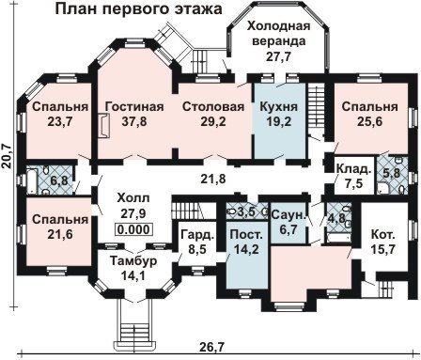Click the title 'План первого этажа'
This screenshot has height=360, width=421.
[139, 8]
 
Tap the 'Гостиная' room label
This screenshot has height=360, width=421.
[134, 106]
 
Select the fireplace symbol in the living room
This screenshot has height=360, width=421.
[103, 126]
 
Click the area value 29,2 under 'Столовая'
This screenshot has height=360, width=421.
[213, 121]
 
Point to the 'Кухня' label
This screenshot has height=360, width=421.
[279, 106]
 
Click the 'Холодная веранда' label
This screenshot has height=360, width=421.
[279, 33]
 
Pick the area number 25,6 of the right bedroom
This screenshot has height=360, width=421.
[370, 121]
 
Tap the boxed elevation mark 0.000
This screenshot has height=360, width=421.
[133, 229]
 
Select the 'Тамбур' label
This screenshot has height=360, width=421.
[133, 260]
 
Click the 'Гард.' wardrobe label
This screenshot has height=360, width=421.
[198, 235]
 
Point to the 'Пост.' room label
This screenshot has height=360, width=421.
[246, 234]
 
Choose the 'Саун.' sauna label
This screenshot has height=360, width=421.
[288, 215]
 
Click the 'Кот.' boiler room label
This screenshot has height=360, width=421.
[382, 234]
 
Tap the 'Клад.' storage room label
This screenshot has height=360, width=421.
[354, 169]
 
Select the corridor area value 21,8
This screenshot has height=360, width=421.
[213, 180]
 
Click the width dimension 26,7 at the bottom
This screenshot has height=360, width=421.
[212, 347]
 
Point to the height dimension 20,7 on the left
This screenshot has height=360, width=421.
[7, 157]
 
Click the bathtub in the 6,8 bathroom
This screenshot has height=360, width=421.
[31, 181]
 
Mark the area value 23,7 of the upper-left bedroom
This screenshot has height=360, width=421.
[60, 121]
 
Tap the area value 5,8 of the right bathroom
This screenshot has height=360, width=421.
[392, 172]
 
